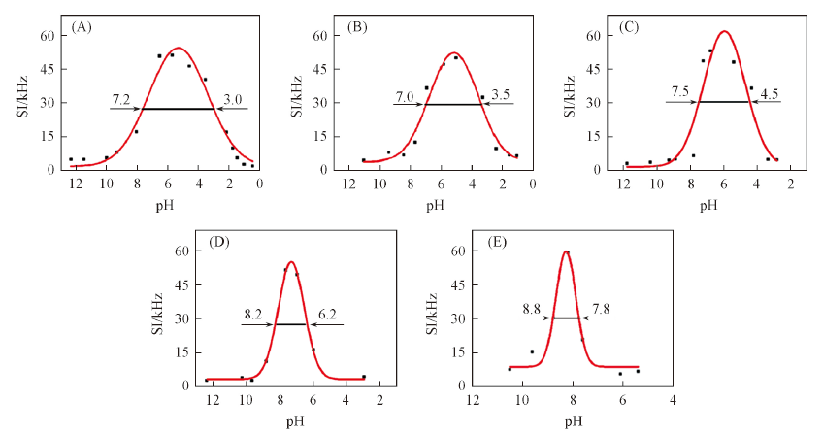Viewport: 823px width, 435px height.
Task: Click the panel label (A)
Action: (82, 27)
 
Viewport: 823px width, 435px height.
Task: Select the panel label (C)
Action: (629, 27)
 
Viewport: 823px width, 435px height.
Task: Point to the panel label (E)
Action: (494, 243)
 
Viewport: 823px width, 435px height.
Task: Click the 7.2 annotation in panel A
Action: (121, 99)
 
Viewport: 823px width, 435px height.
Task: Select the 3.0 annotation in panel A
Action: (233, 99)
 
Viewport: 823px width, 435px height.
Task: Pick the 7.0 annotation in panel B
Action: (404, 95)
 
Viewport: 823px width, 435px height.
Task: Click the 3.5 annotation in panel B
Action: (502, 95)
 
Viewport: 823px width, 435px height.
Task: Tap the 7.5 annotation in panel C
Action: (680, 92)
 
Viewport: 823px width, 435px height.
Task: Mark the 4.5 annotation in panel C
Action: (770, 93)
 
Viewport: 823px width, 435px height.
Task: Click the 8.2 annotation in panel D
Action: (253, 315)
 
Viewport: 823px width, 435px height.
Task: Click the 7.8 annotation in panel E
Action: (603, 309)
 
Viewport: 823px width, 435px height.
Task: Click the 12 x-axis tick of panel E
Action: (473, 400)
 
